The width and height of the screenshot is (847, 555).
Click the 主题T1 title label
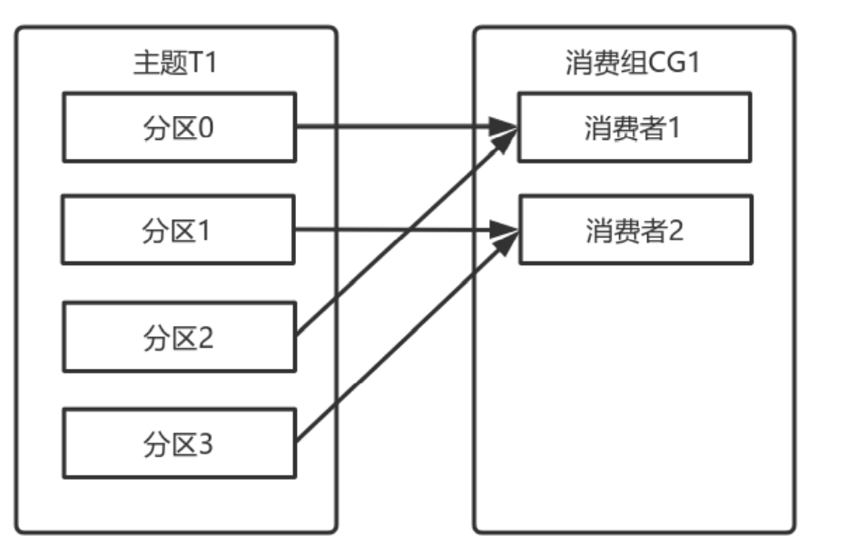pyautogui.click(x=177, y=65)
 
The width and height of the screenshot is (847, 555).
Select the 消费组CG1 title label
pyautogui.click(x=634, y=65)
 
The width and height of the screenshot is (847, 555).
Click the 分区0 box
pyautogui.click(x=179, y=126)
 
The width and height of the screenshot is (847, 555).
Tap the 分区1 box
pyautogui.click(x=179, y=231)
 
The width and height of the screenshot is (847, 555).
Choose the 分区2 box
pyautogui.click(x=179, y=337)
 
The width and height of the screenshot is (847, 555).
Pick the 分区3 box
pyautogui.click(x=179, y=443)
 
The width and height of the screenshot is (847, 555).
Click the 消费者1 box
pyautogui.click(x=634, y=126)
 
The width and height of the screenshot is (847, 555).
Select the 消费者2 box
pyautogui.click(x=634, y=230)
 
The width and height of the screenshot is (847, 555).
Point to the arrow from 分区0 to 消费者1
pyautogui.click(x=399, y=126)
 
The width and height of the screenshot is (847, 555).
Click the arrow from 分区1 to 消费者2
pyautogui.click(x=399, y=230)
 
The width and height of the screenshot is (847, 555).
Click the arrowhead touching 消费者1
pyautogui.click(x=504, y=127)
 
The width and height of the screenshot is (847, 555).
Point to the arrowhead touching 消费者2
pyautogui.click(x=504, y=231)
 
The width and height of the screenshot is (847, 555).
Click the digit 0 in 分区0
pyautogui.click(x=206, y=126)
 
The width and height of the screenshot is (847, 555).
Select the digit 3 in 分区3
pyautogui.click(x=206, y=443)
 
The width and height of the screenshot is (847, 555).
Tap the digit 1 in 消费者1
pyautogui.click(x=675, y=126)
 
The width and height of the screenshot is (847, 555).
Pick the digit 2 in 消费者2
pyautogui.click(x=675, y=230)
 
